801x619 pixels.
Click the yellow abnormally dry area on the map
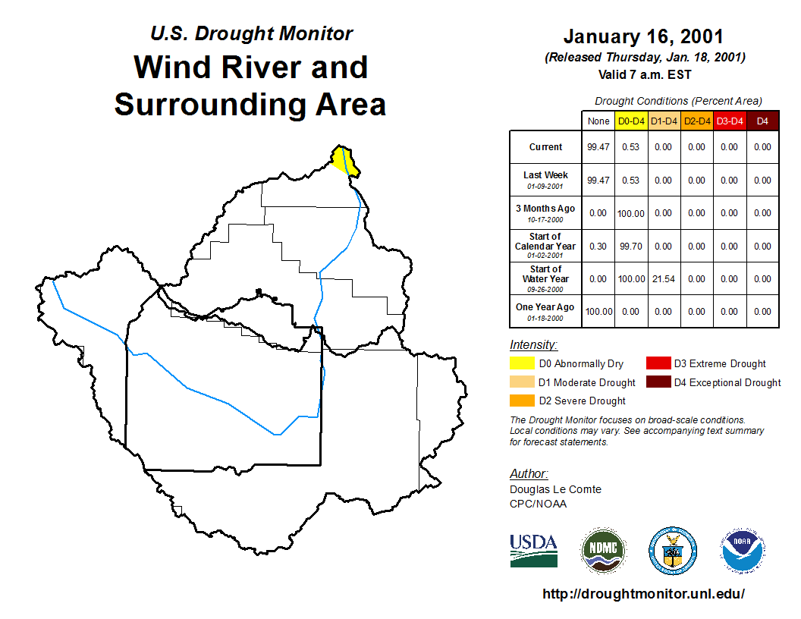(x=345, y=161)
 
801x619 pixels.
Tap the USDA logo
(x=533, y=551)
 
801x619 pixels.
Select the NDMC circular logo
(x=603, y=551)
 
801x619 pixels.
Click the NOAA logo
(x=743, y=551)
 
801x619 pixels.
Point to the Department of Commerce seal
(x=673, y=551)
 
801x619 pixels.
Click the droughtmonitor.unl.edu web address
(x=643, y=593)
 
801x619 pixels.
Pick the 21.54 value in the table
(x=664, y=279)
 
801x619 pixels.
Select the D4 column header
(x=762, y=121)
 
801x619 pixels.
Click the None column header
(x=598, y=121)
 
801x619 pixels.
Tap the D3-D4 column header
(x=730, y=121)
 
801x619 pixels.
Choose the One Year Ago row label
(x=545, y=312)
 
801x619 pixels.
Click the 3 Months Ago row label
(x=545, y=213)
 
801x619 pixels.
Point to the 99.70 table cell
(x=631, y=247)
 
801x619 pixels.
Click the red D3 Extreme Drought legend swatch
(x=658, y=363)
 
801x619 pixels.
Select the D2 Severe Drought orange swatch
(x=522, y=401)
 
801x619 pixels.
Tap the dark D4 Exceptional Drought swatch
(x=658, y=382)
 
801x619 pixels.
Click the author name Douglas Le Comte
(x=555, y=489)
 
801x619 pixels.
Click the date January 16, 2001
(x=643, y=36)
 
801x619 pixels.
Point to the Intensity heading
(x=533, y=344)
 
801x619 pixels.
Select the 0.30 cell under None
(x=598, y=247)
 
